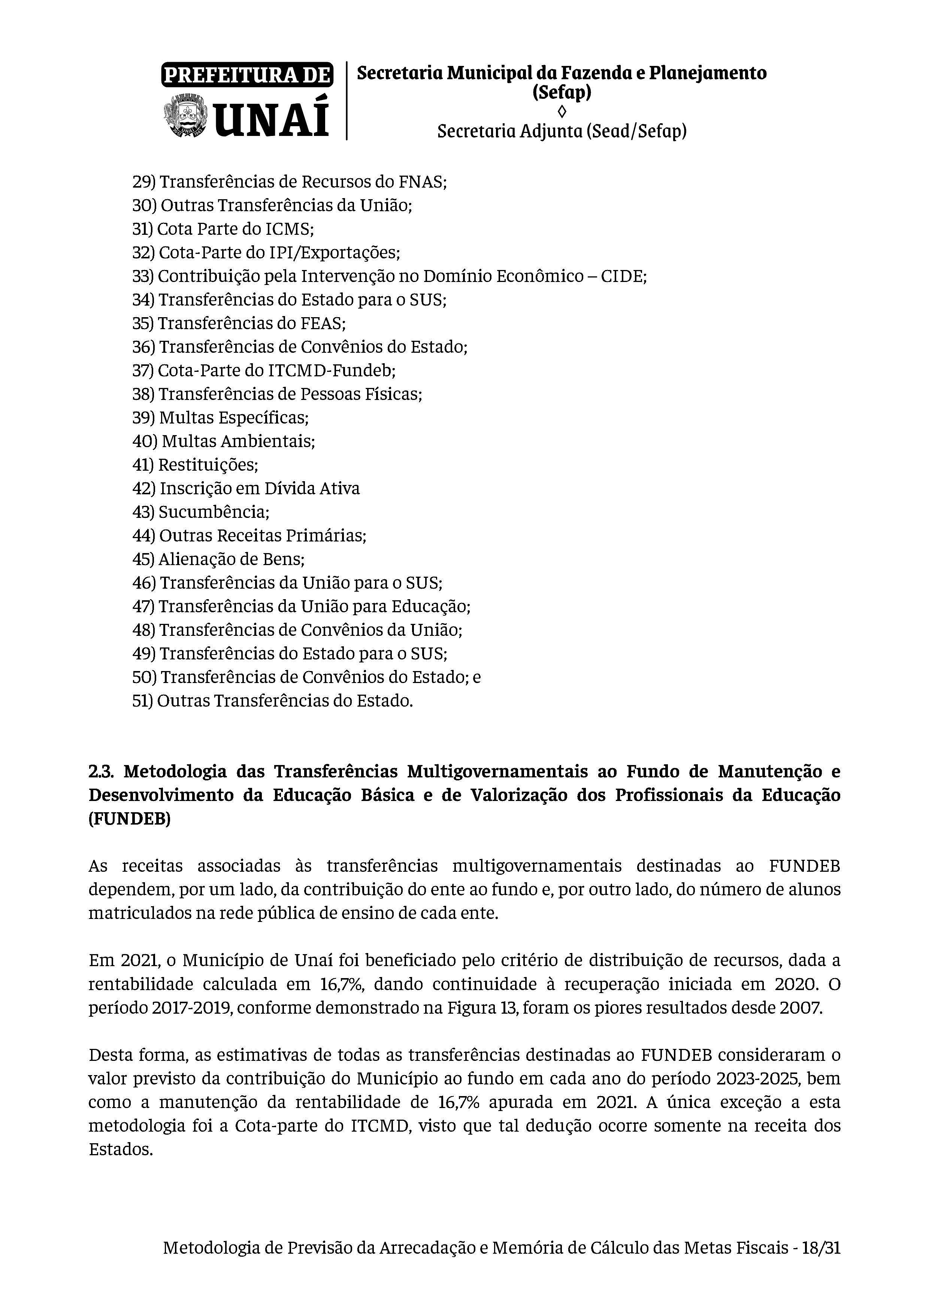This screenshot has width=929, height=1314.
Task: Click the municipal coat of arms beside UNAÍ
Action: click(186, 116)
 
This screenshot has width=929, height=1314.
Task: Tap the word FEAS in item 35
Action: click(322, 323)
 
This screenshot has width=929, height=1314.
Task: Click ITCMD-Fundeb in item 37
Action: click(332, 371)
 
